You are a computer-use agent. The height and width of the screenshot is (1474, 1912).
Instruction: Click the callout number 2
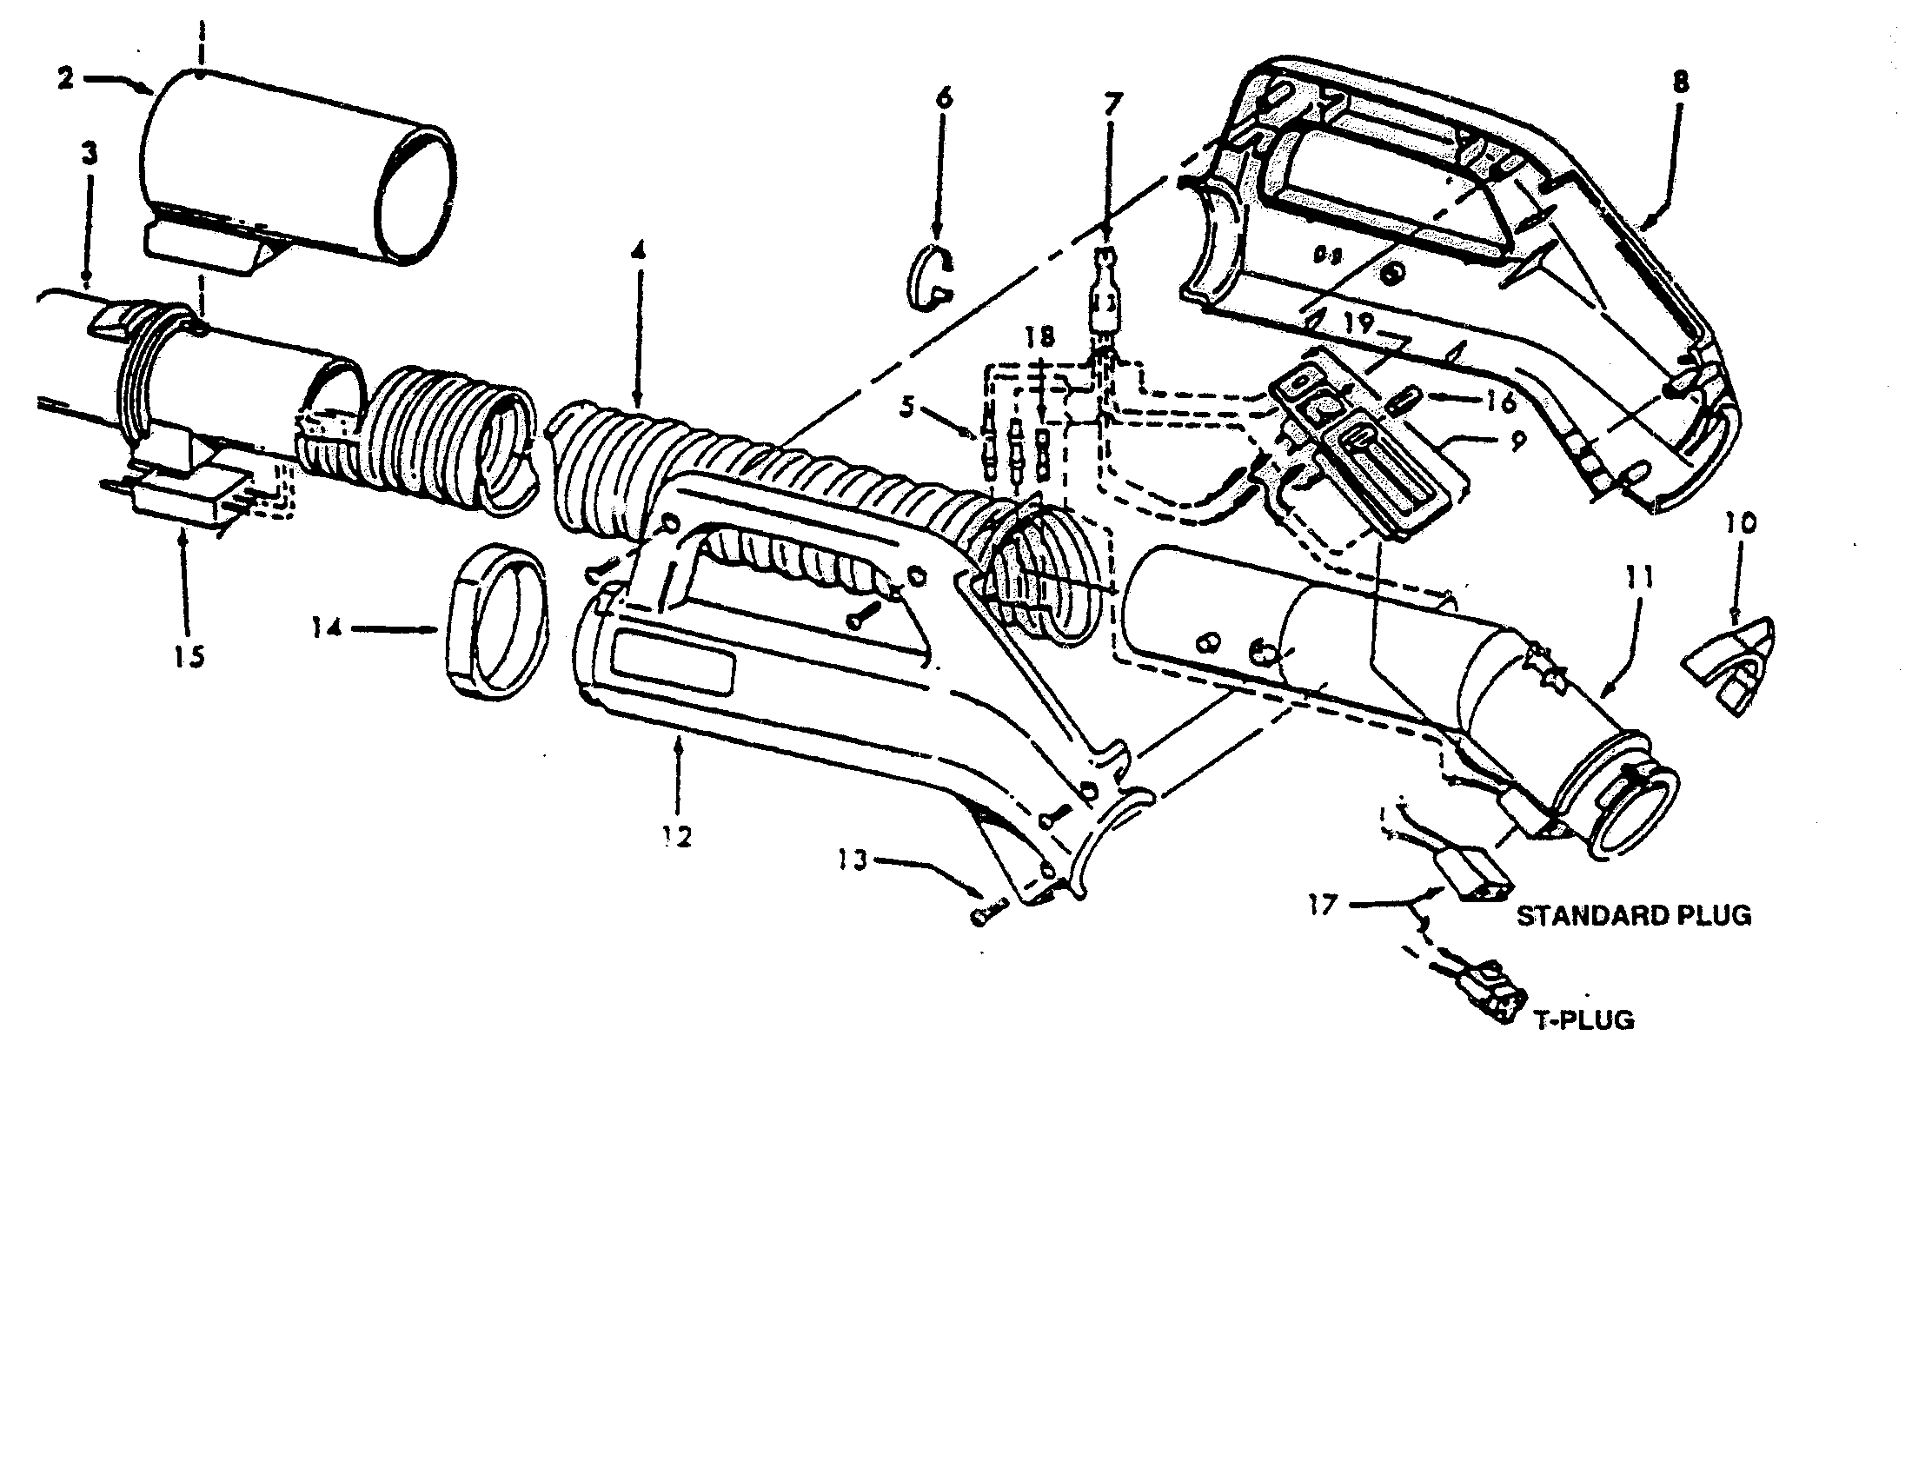[x=66, y=79]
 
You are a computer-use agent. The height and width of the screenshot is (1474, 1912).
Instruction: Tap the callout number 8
[x=1680, y=83]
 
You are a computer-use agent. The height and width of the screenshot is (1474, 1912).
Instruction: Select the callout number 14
[x=327, y=627]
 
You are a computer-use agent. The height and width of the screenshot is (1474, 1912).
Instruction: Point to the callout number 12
[x=678, y=837]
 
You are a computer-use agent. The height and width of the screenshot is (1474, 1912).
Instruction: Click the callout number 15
[x=189, y=655]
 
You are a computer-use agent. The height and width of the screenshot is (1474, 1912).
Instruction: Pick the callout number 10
[x=1741, y=523]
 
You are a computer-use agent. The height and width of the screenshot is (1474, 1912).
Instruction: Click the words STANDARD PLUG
[x=1634, y=915]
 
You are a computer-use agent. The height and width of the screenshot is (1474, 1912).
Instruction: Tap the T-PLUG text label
[x=1583, y=1019]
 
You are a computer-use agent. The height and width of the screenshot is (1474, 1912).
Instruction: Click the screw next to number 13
[x=987, y=915]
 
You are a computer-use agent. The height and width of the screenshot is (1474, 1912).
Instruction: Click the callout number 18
[x=1041, y=336]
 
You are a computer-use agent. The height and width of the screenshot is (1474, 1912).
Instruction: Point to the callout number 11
[x=1640, y=578]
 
